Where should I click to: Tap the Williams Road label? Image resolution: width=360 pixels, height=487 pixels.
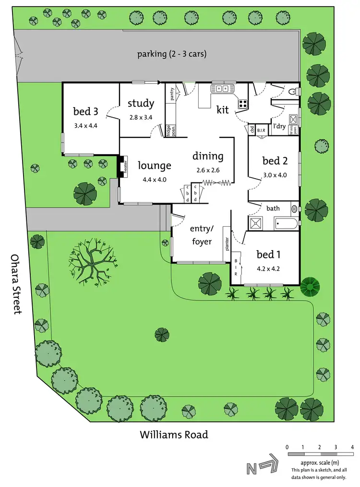174,435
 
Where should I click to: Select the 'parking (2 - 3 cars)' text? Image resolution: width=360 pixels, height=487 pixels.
172,54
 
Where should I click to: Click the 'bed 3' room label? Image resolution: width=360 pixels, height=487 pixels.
85,111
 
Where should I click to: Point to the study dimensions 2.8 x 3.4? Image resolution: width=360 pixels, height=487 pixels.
141,117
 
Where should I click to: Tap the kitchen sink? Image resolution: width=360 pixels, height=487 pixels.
222,88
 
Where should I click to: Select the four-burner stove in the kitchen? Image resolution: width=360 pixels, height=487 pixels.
243,102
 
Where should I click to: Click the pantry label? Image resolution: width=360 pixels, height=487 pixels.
172,93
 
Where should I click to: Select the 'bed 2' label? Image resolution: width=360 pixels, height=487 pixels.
275,160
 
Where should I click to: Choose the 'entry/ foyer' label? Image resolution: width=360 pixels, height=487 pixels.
201,235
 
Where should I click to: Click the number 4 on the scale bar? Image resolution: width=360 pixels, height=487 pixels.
352,447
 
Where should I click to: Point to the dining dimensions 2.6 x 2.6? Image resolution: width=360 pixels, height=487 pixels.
208,170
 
